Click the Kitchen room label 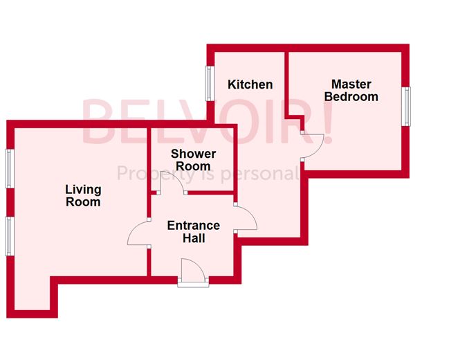click(x=250, y=84)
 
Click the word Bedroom click(x=351, y=97)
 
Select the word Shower click(x=193, y=154)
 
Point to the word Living click(x=83, y=189)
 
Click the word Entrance click(x=194, y=226)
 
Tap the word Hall click(x=194, y=239)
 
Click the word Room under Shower click(x=193, y=166)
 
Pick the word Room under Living click(x=83, y=202)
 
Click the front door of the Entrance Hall click(x=192, y=271)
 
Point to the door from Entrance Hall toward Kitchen click(x=246, y=217)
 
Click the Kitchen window click(x=208, y=84)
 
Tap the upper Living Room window click(x=9, y=168)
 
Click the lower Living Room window click(x=9, y=235)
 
